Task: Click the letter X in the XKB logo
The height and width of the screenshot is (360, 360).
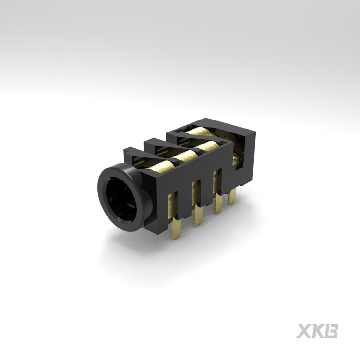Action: pyautogui.click(x=303, y=331)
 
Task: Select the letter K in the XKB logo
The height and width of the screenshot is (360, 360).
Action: pyautogui.click(x=317, y=331)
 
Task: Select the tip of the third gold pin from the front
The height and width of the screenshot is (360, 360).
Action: pyautogui.click(x=217, y=211)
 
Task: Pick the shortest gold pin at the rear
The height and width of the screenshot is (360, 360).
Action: pyautogui.click(x=232, y=197)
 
